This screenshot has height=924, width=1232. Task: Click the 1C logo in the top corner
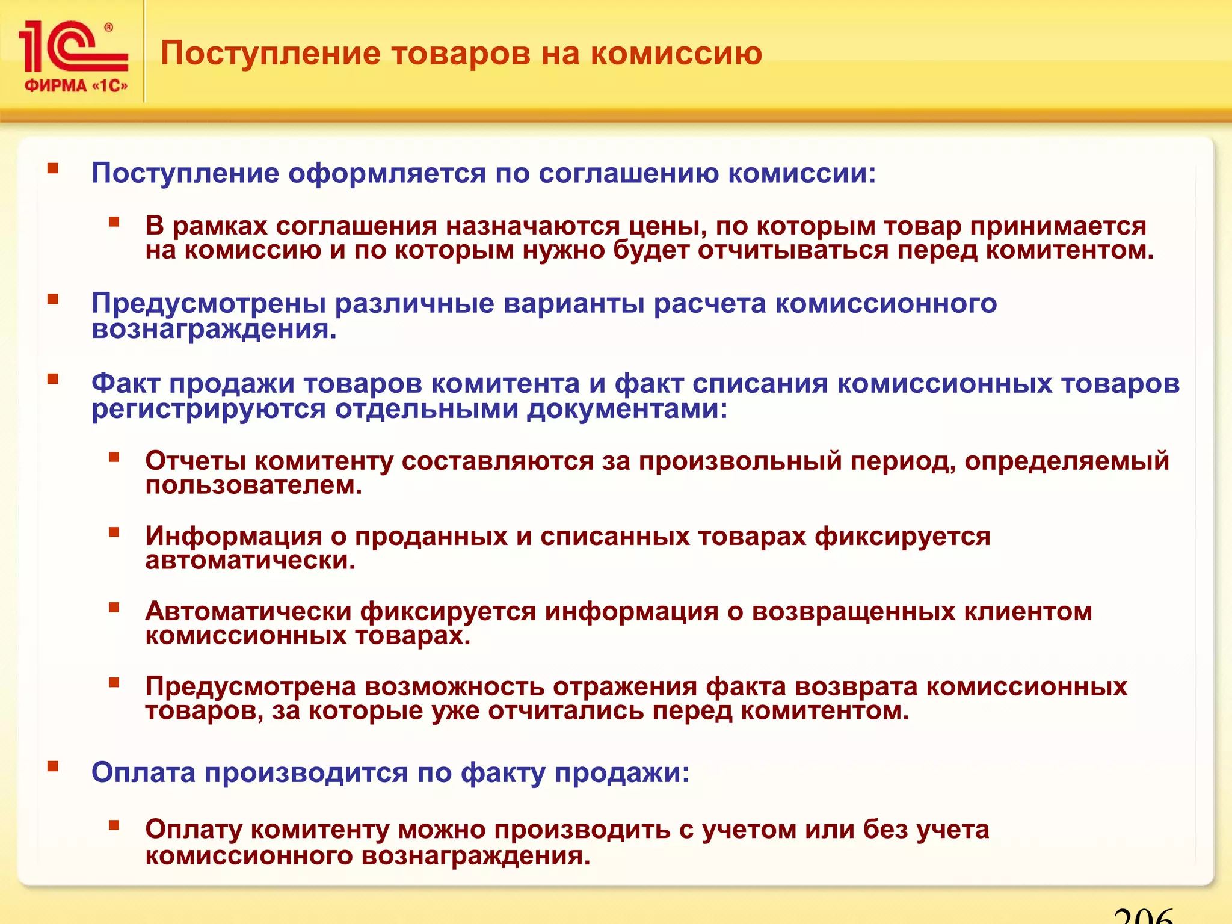pyautogui.click(x=72, y=47)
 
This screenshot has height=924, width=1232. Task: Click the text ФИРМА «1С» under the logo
pyautogui.click(x=76, y=86)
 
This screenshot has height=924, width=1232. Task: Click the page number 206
pyautogui.click(x=1143, y=916)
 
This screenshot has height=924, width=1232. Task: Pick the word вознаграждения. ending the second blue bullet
pyautogui.click(x=214, y=330)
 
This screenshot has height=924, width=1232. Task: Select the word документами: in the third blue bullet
pyautogui.click(x=627, y=410)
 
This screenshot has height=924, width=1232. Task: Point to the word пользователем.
pyautogui.click(x=253, y=485)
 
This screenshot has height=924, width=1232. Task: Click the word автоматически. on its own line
pyautogui.click(x=250, y=561)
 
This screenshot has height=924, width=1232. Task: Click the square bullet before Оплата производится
pyautogui.click(x=53, y=766)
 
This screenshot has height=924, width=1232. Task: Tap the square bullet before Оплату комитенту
pyautogui.click(x=114, y=825)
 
